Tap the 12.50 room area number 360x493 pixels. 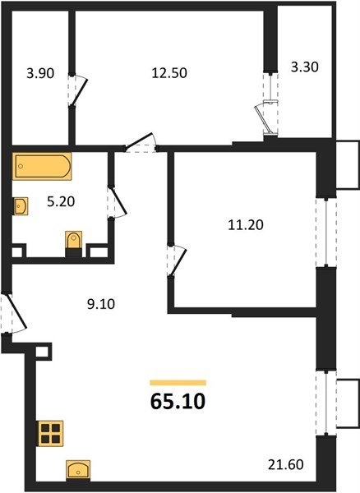pos(170,72)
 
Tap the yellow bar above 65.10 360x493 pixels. pos(178,382)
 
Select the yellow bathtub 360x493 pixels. pos(41,168)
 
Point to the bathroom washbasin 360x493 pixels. pos(21,204)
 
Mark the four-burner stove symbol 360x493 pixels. pos(51,432)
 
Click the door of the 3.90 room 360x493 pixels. pos(76,90)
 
